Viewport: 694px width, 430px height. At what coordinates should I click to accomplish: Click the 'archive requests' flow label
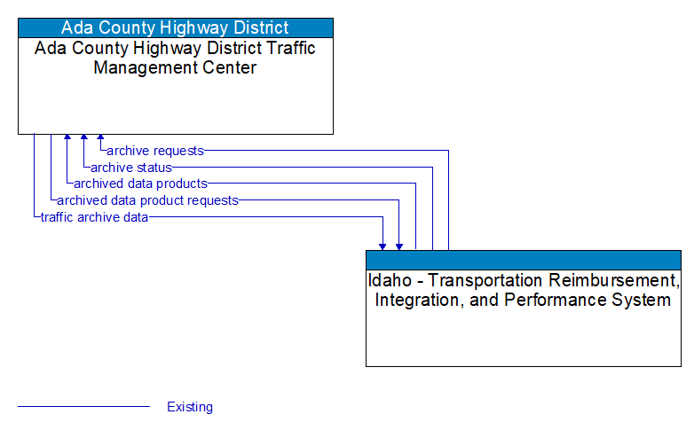154,151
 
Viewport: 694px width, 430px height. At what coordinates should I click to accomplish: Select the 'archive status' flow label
131,167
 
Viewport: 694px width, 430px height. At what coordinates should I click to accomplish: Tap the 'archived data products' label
140,184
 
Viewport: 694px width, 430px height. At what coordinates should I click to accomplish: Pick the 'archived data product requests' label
147,200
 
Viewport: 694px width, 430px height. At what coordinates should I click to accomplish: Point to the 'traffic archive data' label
94,217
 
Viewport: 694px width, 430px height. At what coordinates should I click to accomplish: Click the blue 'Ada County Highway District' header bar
176,27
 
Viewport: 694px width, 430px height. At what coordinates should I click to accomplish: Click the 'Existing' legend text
190,407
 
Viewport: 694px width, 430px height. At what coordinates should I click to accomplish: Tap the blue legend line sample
83,407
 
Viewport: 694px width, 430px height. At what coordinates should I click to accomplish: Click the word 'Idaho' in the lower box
389,280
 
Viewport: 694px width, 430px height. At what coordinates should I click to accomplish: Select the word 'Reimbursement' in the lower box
612,280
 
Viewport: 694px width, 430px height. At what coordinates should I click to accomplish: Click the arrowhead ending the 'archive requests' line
100,139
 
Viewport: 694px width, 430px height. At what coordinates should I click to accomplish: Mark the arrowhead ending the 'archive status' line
83,139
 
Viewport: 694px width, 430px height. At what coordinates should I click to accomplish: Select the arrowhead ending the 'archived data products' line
67,139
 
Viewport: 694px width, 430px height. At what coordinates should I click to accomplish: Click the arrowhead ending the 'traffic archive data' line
382,246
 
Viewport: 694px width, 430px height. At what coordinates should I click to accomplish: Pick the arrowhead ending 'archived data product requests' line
399,246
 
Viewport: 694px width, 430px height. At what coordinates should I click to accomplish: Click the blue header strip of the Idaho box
524,260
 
